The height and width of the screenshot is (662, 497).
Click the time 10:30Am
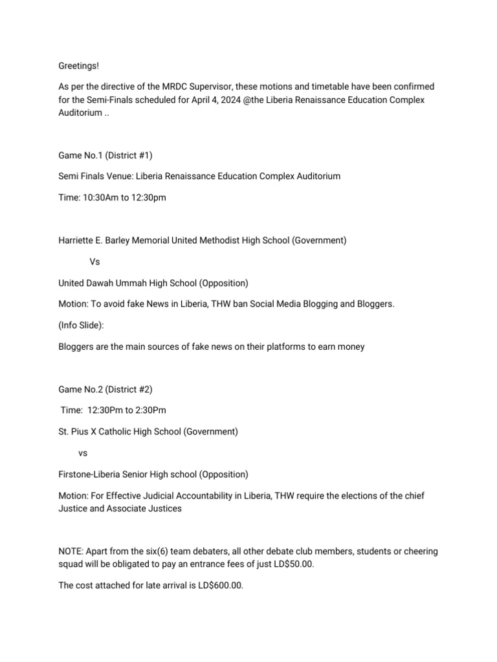pyautogui.click(x=102, y=197)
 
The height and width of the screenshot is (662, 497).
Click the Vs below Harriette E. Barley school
pyautogui.click(x=94, y=262)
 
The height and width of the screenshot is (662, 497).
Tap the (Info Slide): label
pyautogui.click(x=82, y=325)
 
